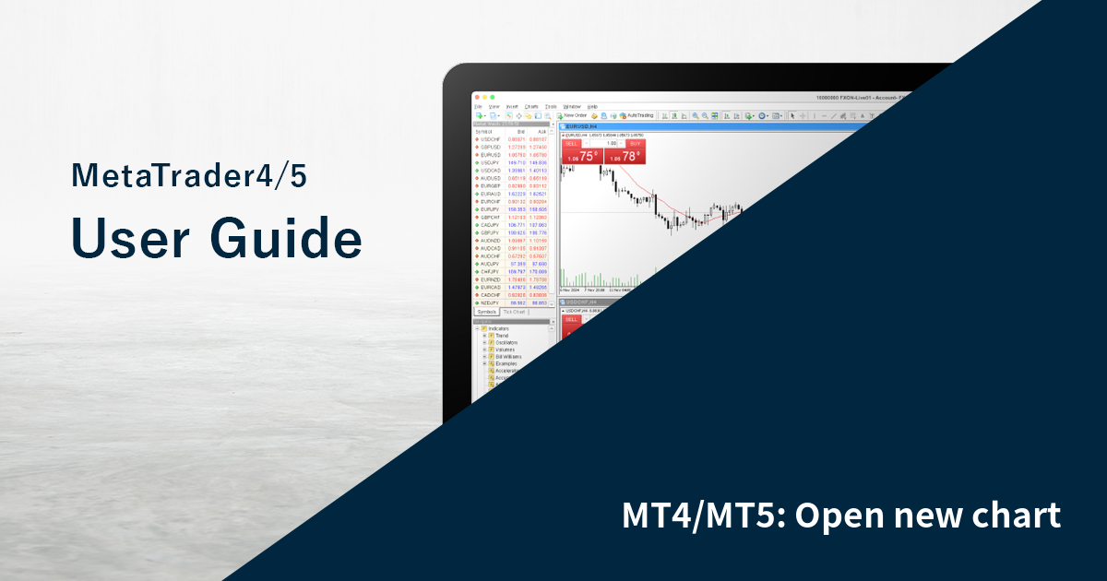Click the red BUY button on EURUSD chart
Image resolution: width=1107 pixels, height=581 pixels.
(635, 144)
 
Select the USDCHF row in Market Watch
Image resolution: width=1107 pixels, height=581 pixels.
(488, 139)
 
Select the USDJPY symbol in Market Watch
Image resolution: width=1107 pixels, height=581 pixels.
(488, 162)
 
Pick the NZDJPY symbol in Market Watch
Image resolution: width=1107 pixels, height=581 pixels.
(488, 302)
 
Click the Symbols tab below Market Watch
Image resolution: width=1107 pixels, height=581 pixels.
(486, 312)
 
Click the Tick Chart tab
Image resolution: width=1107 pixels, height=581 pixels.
(514, 312)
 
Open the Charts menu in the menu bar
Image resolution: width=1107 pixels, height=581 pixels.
(531, 107)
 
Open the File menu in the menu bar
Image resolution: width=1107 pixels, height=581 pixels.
(478, 107)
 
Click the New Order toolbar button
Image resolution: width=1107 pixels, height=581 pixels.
(572, 115)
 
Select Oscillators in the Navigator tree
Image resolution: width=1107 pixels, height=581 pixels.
(506, 342)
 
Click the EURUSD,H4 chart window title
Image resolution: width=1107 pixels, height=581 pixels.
(581, 125)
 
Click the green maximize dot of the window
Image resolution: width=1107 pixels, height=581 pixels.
(494, 97)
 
